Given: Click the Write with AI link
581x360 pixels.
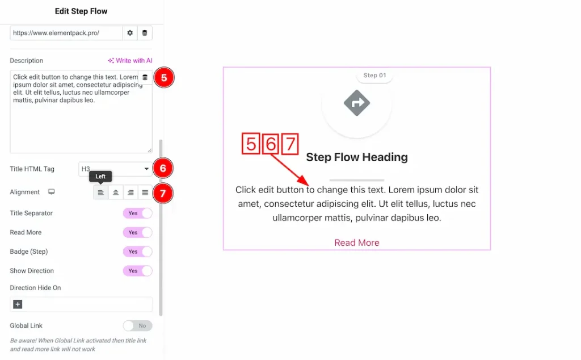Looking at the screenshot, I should point(130,61).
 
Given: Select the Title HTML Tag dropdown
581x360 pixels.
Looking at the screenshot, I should point(115,169).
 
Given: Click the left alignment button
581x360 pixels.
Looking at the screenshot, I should point(101,192).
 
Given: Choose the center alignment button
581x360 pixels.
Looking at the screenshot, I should point(116,192).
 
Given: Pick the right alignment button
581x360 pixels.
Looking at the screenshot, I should point(130,192).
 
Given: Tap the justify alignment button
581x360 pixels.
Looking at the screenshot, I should point(145,192).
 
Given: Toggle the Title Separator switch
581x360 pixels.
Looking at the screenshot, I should point(137,214).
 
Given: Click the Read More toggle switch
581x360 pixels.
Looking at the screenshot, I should point(137,233).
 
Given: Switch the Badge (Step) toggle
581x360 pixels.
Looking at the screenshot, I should point(137,252).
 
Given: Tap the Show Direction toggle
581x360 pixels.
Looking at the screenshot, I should point(137,271).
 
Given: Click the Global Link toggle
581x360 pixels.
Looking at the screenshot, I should point(137,326).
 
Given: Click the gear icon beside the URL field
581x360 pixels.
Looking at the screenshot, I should point(130,33).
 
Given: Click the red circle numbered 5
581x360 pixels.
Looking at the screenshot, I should point(163,78).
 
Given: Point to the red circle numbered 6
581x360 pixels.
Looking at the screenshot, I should point(162,169).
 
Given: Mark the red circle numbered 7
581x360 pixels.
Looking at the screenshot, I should point(162,193).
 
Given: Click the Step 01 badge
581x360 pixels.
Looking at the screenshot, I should point(374,76).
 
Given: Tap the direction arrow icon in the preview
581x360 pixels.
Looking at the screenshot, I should point(357,103).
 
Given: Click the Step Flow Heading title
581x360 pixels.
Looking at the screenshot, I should point(357,157).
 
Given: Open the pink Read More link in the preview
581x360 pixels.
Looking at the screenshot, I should point(357,242).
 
